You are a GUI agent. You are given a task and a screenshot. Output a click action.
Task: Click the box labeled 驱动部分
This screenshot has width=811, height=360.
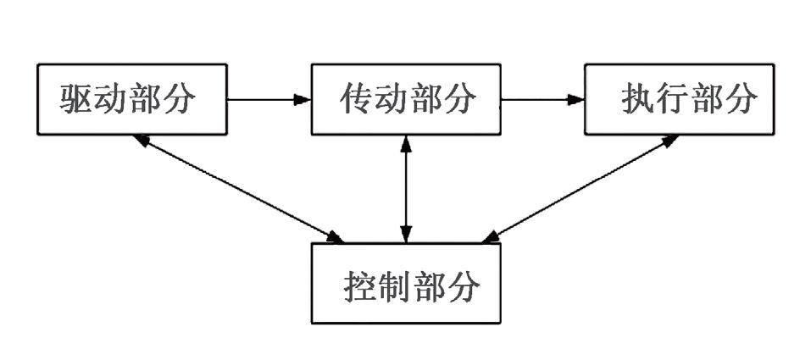(131, 99)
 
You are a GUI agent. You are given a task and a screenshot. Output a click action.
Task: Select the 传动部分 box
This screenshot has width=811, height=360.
(406, 99)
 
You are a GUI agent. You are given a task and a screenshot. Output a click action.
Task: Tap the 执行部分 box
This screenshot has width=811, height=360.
(679, 99)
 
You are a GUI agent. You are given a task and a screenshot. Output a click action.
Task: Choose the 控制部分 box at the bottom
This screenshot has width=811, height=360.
(406, 283)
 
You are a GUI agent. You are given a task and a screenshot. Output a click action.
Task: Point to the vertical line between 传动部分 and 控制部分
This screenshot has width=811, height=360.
(407, 188)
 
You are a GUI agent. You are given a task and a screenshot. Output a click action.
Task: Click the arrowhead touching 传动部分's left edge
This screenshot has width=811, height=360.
(303, 99)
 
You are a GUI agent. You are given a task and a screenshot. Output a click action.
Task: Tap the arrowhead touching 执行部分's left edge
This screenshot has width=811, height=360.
(576, 99)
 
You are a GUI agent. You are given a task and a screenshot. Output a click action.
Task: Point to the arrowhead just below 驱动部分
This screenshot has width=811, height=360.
(142, 140)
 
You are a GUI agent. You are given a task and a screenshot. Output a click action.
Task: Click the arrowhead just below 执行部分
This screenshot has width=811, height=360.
(669, 141)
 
